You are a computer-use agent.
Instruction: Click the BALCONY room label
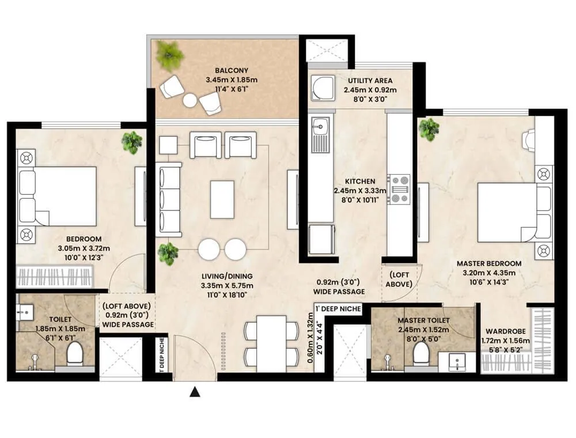tap(225, 71)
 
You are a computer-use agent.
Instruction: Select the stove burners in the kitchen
tap(399, 189)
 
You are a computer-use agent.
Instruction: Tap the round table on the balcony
tap(190, 100)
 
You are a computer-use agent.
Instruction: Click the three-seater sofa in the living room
tap(169, 199)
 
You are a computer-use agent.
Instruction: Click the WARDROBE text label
tap(504, 331)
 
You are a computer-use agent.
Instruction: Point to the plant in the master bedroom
tap(429, 129)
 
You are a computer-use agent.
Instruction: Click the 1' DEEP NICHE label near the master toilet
tap(338, 309)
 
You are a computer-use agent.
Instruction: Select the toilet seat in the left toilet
tap(75, 353)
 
